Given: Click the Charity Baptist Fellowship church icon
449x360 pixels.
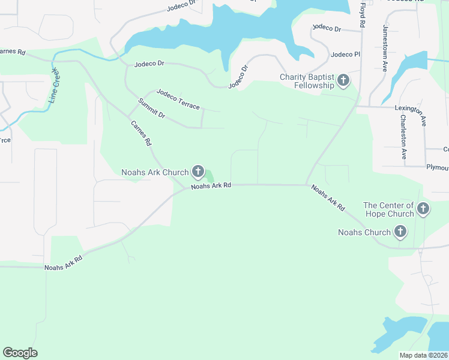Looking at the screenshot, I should pos(343,80).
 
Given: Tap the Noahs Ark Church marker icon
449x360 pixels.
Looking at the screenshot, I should pos(197,172).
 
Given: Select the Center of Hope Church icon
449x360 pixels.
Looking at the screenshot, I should pos(423,209).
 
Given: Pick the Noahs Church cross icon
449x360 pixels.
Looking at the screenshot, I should pos(400,232).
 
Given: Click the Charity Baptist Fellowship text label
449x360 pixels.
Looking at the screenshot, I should pos(307,81).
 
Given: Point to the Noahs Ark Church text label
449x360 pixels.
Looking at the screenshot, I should pos(155,173).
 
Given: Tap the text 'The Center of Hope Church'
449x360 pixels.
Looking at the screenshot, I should pos(389,209).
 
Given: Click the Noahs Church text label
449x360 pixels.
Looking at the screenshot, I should pos(364,232).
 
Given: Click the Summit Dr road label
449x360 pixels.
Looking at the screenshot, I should pos(151,109).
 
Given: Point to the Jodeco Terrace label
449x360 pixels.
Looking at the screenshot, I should pos(178,99).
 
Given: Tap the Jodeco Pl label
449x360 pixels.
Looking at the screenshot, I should pos(345,55).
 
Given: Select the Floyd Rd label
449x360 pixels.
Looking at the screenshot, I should pos(362,15).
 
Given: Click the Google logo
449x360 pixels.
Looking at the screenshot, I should pos(20,353).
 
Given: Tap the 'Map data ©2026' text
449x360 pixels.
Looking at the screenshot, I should pos(424,355).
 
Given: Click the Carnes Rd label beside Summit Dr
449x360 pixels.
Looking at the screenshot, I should pos(141,134).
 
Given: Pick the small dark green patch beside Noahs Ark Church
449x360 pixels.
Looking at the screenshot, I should pos(209,176).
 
